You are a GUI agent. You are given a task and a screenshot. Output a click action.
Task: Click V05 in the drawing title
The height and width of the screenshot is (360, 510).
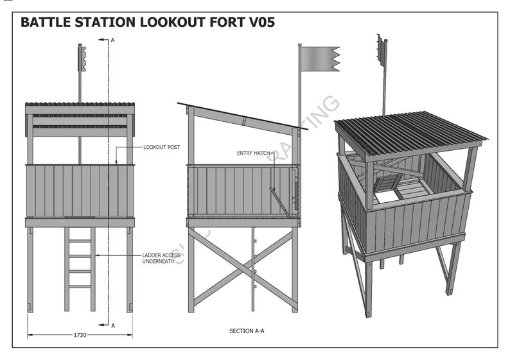[260, 23]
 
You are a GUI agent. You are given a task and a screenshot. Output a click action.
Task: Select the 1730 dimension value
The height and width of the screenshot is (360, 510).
[80, 334]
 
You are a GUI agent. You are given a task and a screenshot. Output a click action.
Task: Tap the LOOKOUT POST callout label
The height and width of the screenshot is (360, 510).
[162, 147]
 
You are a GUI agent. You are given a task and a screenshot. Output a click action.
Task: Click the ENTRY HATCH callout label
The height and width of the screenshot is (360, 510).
[254, 153]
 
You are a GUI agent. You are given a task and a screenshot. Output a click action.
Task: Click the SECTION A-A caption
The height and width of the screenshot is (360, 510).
[247, 331]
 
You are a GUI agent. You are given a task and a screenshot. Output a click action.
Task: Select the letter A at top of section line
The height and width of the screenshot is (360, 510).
[113, 40]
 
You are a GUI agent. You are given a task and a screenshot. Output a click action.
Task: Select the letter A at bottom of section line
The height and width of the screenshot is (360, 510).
[113, 326]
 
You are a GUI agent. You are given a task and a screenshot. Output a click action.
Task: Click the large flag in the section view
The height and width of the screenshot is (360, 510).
[320, 59]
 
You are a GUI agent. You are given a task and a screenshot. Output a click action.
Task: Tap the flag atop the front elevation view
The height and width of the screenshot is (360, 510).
[82, 57]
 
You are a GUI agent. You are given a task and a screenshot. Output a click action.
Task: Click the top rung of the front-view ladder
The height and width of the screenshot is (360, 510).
[80, 241]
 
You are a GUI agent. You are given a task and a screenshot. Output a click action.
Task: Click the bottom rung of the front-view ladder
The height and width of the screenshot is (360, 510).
[80, 286]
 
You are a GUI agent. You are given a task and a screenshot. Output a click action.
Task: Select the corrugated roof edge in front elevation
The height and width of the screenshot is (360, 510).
[80, 104]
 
